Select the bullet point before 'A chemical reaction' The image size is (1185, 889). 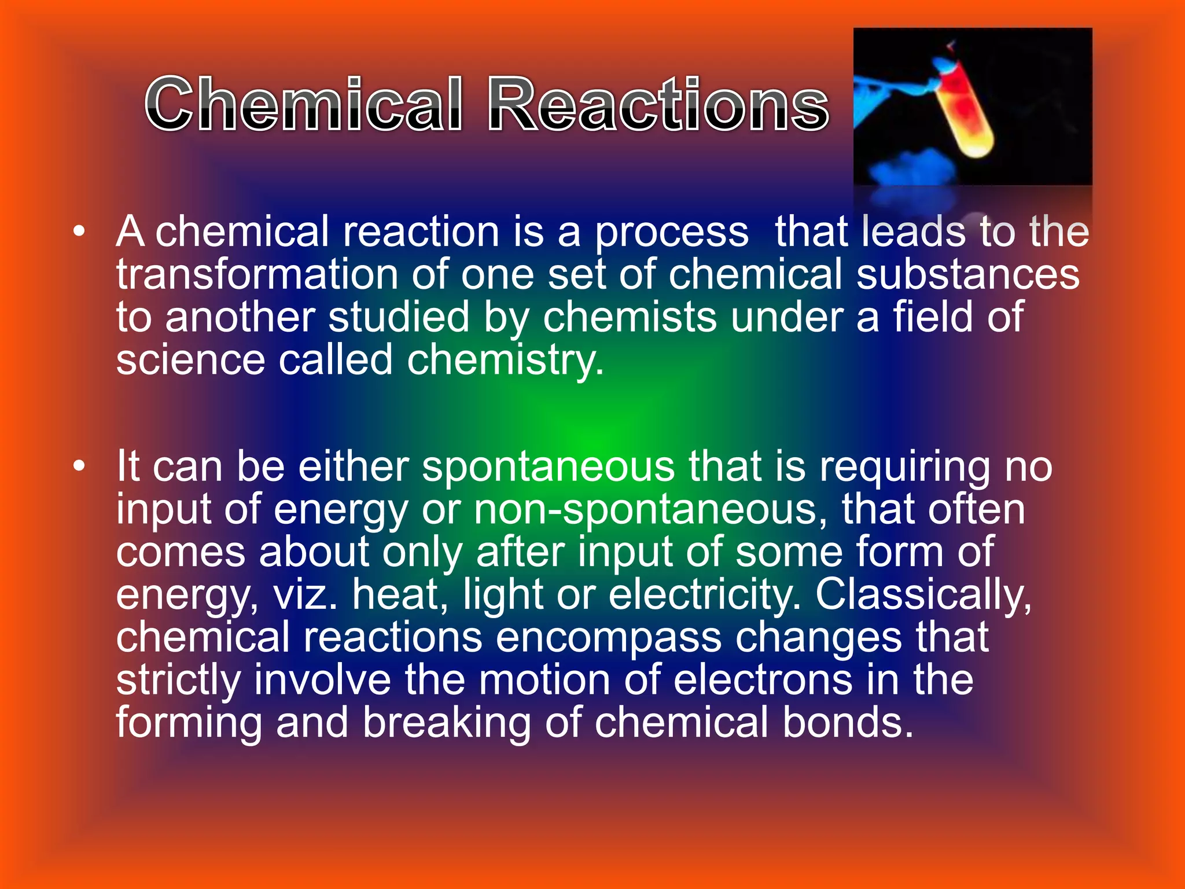click(x=79, y=233)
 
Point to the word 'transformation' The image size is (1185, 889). click(x=257, y=274)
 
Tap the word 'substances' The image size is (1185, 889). click(x=967, y=274)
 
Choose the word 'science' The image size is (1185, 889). click(x=190, y=360)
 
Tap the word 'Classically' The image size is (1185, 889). click(x=923, y=594)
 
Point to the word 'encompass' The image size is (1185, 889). click(x=608, y=638)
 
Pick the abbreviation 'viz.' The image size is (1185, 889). click(x=305, y=594)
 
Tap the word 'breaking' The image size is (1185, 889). click(x=446, y=723)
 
